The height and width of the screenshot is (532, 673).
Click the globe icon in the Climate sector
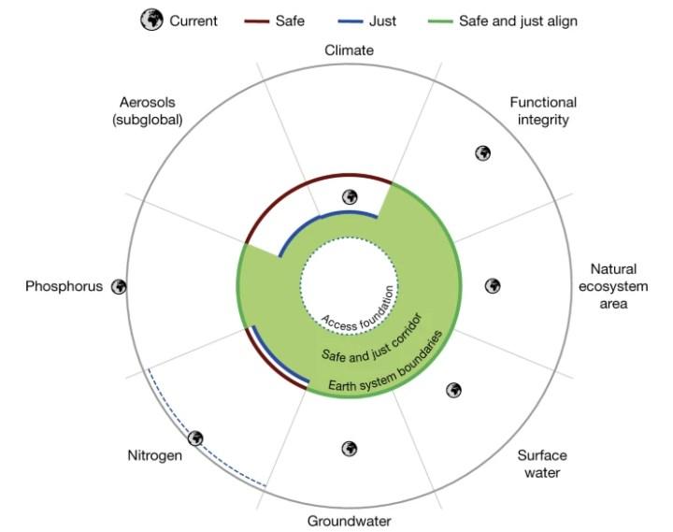tap(351, 197)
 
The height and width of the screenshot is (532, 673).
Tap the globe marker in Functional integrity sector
tap(483, 153)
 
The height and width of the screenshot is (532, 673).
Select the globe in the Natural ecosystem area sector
tap(493, 286)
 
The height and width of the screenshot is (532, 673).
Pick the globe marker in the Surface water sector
tap(453, 390)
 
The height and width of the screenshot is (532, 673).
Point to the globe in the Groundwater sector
tap(350, 449)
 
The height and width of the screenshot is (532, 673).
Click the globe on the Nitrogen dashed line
tap(195, 439)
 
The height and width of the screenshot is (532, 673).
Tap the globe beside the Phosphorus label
tap(119, 287)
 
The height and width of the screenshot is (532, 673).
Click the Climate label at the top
tap(349, 50)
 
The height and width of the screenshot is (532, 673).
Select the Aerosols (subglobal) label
tap(148, 110)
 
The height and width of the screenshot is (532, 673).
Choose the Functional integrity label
tap(543, 110)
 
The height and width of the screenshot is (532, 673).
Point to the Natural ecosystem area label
tap(613, 286)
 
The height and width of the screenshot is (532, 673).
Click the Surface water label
tap(542, 464)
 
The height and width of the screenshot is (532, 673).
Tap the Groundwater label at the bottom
tap(349, 522)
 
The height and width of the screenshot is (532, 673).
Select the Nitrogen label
tap(154, 455)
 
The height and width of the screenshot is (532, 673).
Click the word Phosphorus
tap(64, 286)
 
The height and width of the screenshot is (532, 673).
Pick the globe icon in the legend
tap(152, 20)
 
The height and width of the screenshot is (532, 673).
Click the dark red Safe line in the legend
tap(257, 22)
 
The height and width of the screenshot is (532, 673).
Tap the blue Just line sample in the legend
tap(351, 22)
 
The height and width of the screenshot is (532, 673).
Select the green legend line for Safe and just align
tap(440, 22)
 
